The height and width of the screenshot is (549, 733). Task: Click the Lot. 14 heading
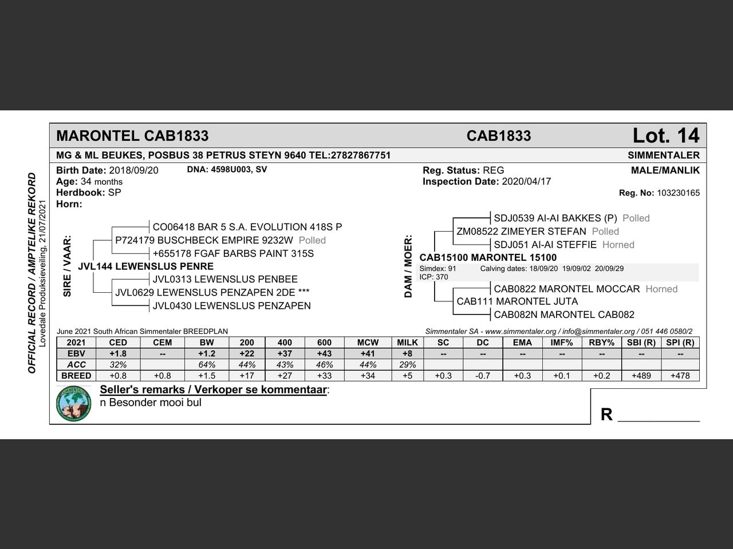coord(665,136)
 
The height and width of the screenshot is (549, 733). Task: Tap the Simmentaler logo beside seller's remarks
coord(74,404)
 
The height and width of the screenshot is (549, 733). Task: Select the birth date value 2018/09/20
coord(133,170)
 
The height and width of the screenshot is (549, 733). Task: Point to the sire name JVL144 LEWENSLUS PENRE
coord(145,266)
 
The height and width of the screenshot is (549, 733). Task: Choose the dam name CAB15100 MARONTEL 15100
coord(488,258)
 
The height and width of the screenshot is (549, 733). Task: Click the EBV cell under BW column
coord(207,353)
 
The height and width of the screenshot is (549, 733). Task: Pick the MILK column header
coord(407,343)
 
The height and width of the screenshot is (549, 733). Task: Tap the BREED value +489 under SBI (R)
coord(641,376)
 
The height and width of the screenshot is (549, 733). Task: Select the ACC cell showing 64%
coord(207,365)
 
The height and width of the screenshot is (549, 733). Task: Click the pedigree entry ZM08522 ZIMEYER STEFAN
coord(521,232)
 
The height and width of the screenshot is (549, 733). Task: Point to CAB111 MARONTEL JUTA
coord(517,301)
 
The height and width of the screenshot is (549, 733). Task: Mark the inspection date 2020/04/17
coord(526,182)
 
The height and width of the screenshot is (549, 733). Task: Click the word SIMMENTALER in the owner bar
coord(663,156)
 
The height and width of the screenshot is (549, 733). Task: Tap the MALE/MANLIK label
coord(665,170)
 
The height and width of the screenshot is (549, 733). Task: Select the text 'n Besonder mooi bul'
coord(151,403)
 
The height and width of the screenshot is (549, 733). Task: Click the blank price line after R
coord(659,416)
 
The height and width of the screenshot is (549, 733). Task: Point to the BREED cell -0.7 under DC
coord(483,376)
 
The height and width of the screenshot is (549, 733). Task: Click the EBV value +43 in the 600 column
coord(324,353)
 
